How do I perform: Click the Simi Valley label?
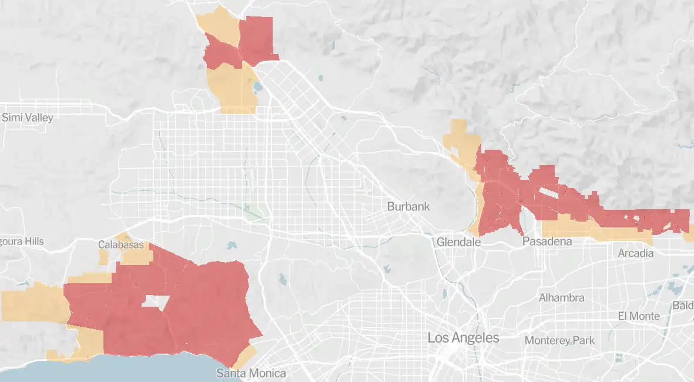(28, 118)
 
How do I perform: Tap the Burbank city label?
(408, 207)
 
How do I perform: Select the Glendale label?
(459, 242)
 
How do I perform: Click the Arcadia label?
(635, 253)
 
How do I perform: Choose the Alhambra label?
(562, 298)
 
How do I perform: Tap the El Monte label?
(639, 316)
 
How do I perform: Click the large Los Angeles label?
(463, 338)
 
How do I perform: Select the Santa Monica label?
(251, 373)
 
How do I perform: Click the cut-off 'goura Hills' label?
(22, 242)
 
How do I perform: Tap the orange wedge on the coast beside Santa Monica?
(246, 354)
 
